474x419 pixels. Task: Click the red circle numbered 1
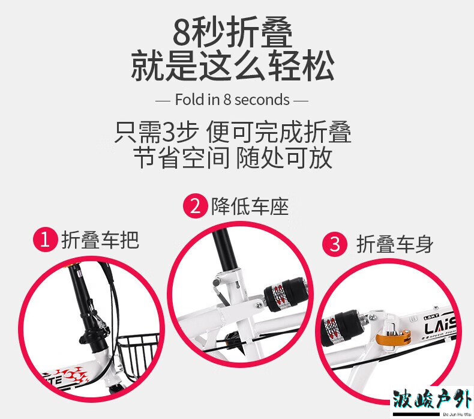pyautogui.click(x=46, y=241)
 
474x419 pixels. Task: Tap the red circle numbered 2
pyautogui.click(x=196, y=206)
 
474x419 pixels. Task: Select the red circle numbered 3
pyautogui.click(x=335, y=244)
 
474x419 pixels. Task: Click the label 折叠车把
pyautogui.click(x=100, y=241)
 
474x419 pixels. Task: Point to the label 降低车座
pyautogui.click(x=250, y=206)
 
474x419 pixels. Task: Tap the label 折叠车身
pyautogui.click(x=395, y=244)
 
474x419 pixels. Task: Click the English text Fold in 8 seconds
pyautogui.click(x=232, y=100)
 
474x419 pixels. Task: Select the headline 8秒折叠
pyautogui.click(x=232, y=32)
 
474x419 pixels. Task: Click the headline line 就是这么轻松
pyautogui.click(x=233, y=65)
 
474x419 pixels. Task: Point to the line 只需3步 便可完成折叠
pyautogui.click(x=232, y=131)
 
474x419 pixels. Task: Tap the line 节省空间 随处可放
pyautogui.click(x=232, y=158)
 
